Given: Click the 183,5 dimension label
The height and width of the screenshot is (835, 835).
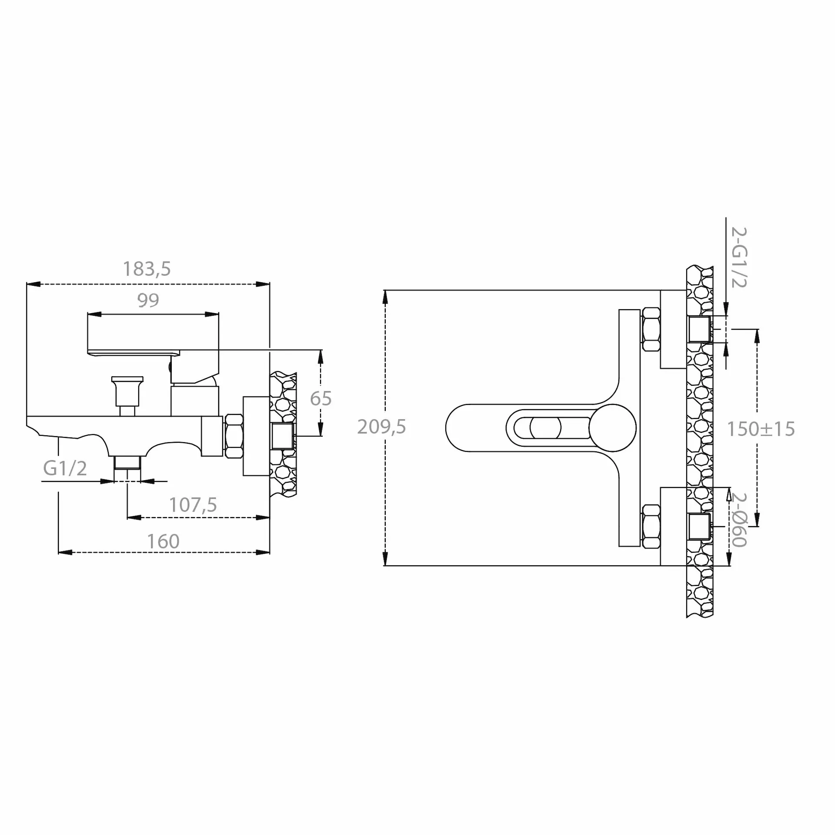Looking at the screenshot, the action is click(147, 269).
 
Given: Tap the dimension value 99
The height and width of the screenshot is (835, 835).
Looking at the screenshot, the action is click(148, 300).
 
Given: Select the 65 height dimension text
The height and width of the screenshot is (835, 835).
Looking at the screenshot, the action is click(321, 398).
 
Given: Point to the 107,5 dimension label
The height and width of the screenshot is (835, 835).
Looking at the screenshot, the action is click(193, 505).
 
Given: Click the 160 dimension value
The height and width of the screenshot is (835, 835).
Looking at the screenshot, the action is click(163, 541).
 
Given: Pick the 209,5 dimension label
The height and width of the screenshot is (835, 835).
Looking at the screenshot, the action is click(381, 427).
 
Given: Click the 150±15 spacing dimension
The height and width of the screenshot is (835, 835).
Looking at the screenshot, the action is click(761, 429).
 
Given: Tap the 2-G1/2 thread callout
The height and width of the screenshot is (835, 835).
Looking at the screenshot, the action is click(739, 257).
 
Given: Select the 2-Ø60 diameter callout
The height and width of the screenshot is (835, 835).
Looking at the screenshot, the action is click(739, 520).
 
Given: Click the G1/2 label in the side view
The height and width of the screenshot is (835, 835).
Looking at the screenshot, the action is click(65, 468).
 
